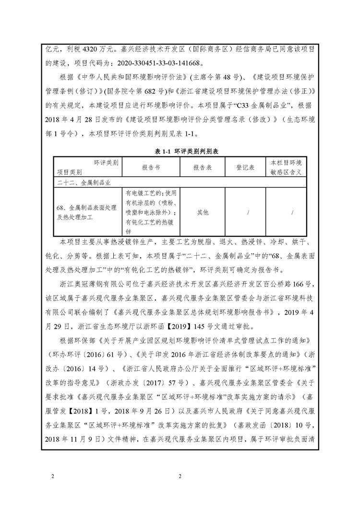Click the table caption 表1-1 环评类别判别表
180,152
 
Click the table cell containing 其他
203,212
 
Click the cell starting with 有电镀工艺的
151,212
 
